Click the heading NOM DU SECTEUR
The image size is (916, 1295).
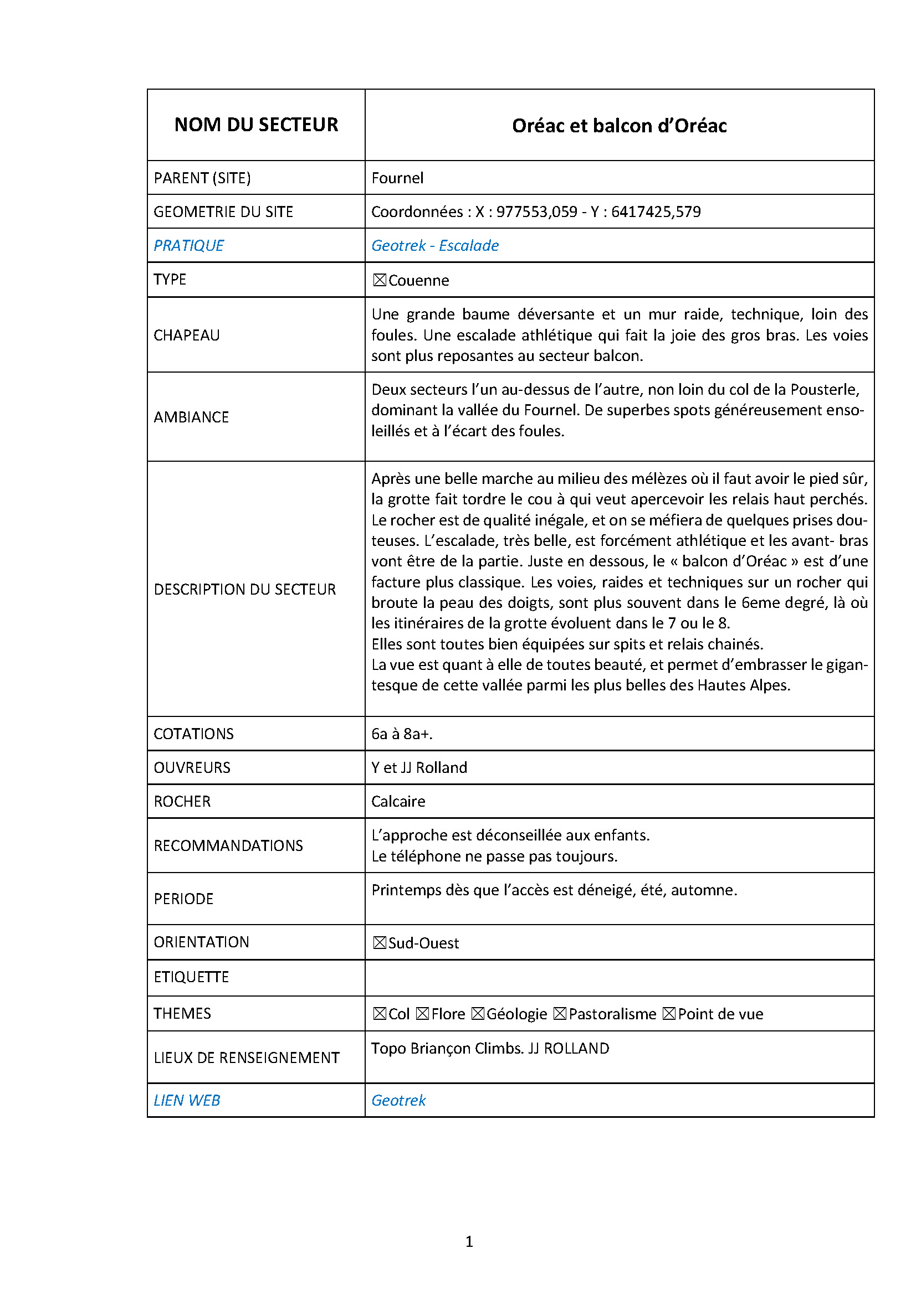[x=255, y=125]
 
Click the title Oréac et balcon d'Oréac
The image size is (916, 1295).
[x=618, y=126]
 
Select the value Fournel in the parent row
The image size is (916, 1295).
[x=397, y=178]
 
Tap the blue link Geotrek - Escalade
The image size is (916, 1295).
[x=434, y=245]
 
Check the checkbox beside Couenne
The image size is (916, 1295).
[x=379, y=280]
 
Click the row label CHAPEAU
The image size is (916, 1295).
[x=187, y=335]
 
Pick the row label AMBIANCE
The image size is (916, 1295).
[x=191, y=417]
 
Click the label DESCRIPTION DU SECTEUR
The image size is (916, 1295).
[x=244, y=590]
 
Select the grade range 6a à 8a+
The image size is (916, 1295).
[x=402, y=734]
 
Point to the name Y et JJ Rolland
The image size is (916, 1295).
[x=419, y=767]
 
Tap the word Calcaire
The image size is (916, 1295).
[x=398, y=802]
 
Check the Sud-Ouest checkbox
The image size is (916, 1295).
[x=379, y=943]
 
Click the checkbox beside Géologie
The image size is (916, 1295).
[x=478, y=1014]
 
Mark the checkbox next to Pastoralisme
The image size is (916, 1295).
[x=560, y=1014]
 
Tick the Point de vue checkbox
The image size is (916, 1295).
[x=669, y=1014]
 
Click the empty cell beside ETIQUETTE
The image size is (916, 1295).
[x=618, y=977]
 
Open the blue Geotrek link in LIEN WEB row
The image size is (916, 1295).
[x=398, y=1101]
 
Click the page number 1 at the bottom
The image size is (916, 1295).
[x=469, y=1241]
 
